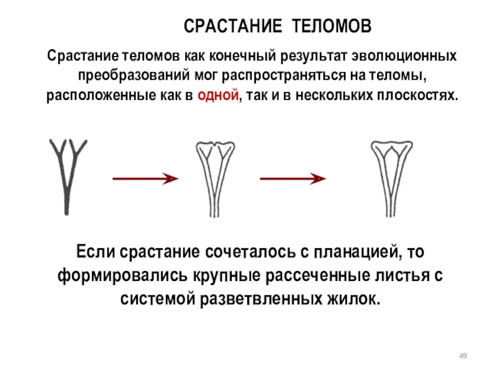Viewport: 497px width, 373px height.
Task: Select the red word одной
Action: click(217, 96)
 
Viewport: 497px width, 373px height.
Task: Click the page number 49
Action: click(462, 355)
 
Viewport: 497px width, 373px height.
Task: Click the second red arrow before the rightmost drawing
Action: click(293, 179)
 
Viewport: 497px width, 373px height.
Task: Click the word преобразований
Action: click(132, 76)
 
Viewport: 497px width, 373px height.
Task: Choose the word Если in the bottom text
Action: click(96, 253)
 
